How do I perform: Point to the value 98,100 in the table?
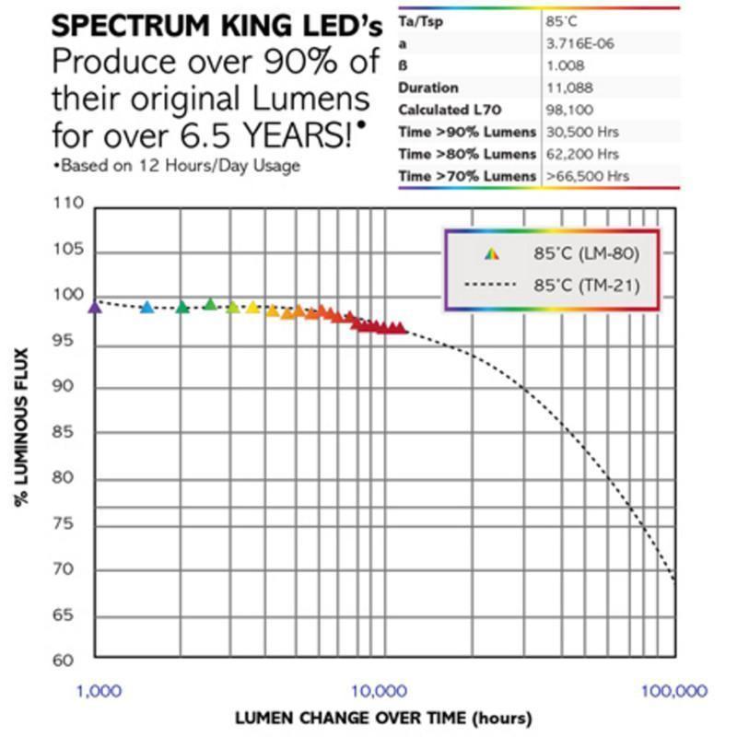(x=568, y=110)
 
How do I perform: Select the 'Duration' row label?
(x=428, y=88)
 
